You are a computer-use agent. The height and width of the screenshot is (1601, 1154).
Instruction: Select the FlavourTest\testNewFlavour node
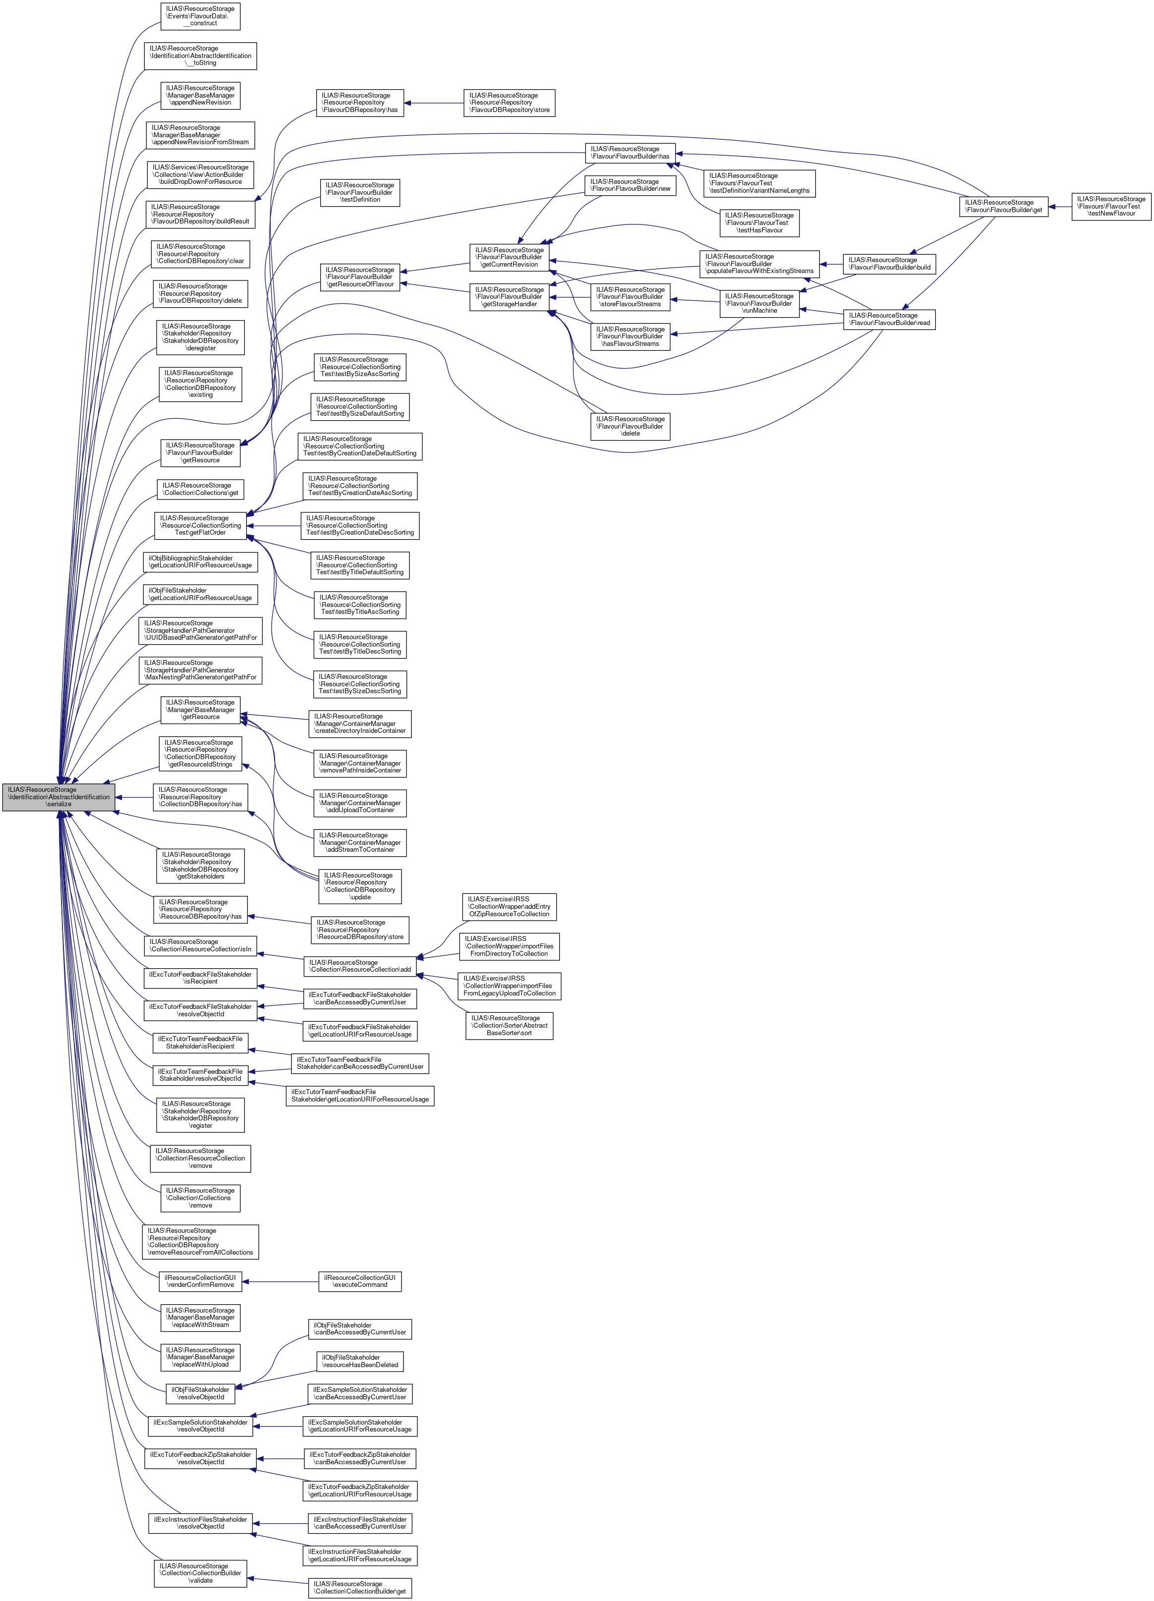point(1111,206)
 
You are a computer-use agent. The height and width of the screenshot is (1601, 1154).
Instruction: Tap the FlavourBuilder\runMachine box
point(759,304)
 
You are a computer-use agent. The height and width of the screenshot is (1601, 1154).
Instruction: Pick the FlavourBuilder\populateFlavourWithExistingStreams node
point(759,264)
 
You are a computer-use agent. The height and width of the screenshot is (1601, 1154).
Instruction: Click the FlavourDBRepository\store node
point(509,103)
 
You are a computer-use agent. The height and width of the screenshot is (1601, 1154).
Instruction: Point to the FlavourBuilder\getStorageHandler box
point(509,296)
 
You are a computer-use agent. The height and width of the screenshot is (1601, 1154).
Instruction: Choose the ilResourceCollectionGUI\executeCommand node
point(360,1281)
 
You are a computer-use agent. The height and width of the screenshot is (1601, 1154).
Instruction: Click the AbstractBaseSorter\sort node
point(509,1025)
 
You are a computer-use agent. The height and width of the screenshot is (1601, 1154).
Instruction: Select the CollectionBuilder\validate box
point(201,1573)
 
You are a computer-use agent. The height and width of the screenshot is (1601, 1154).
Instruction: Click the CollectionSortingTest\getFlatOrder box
point(201,525)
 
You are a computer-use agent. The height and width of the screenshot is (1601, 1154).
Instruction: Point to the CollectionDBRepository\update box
point(360,886)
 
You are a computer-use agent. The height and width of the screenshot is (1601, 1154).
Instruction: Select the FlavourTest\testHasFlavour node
point(759,222)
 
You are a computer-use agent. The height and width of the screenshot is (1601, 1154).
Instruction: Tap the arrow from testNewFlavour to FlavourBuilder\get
point(1059,206)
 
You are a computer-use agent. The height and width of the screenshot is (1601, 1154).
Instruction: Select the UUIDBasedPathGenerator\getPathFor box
point(201,630)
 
